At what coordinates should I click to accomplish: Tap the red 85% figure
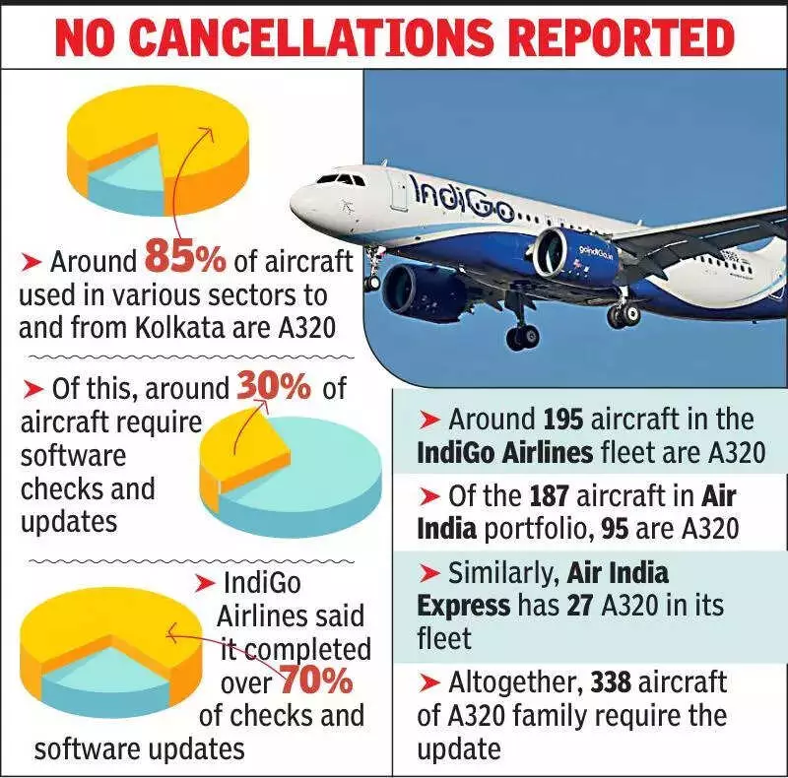coord(185,258)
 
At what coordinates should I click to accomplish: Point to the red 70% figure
coord(317,681)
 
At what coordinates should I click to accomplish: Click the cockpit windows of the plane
coord(339,179)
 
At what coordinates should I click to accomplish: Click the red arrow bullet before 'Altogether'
coord(429,682)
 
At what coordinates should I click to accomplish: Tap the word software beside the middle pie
coord(74,456)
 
